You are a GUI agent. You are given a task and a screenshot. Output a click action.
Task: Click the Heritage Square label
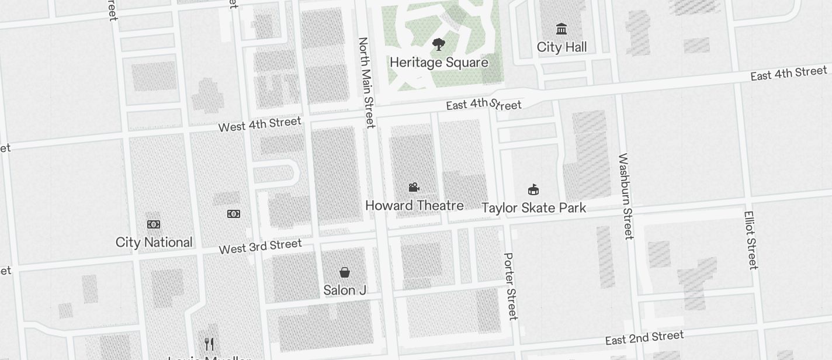[439, 63]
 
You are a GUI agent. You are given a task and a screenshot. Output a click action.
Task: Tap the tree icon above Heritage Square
[439, 44]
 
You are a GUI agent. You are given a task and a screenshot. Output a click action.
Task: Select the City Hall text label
[561, 47]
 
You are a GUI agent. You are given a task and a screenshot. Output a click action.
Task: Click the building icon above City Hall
[561, 29]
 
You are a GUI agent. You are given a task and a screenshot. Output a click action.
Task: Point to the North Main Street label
[366, 82]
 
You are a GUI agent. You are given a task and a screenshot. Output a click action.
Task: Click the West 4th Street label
[260, 124]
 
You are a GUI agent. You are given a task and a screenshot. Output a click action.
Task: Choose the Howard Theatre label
[414, 206]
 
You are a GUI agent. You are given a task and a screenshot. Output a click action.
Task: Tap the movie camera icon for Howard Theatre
[414, 187]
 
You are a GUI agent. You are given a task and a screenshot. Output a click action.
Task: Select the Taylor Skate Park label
[533, 208]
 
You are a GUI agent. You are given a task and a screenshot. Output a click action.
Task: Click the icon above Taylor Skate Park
[533, 189]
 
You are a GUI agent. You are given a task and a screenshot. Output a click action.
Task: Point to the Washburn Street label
[626, 196]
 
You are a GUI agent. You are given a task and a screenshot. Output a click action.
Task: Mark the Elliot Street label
[751, 240]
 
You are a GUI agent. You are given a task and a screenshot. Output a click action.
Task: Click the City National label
[154, 243]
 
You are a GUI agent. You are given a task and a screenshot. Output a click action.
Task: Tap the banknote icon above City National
[154, 224]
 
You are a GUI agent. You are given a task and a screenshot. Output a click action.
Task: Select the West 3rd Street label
[261, 247]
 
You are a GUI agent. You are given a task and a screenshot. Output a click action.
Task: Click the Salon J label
[345, 290]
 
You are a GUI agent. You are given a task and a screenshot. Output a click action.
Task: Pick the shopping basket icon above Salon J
[345, 272]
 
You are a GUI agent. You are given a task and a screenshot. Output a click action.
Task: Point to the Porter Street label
[511, 286]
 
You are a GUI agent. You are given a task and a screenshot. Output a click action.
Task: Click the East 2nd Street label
[644, 338]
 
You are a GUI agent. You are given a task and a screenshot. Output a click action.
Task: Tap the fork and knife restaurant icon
[209, 344]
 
